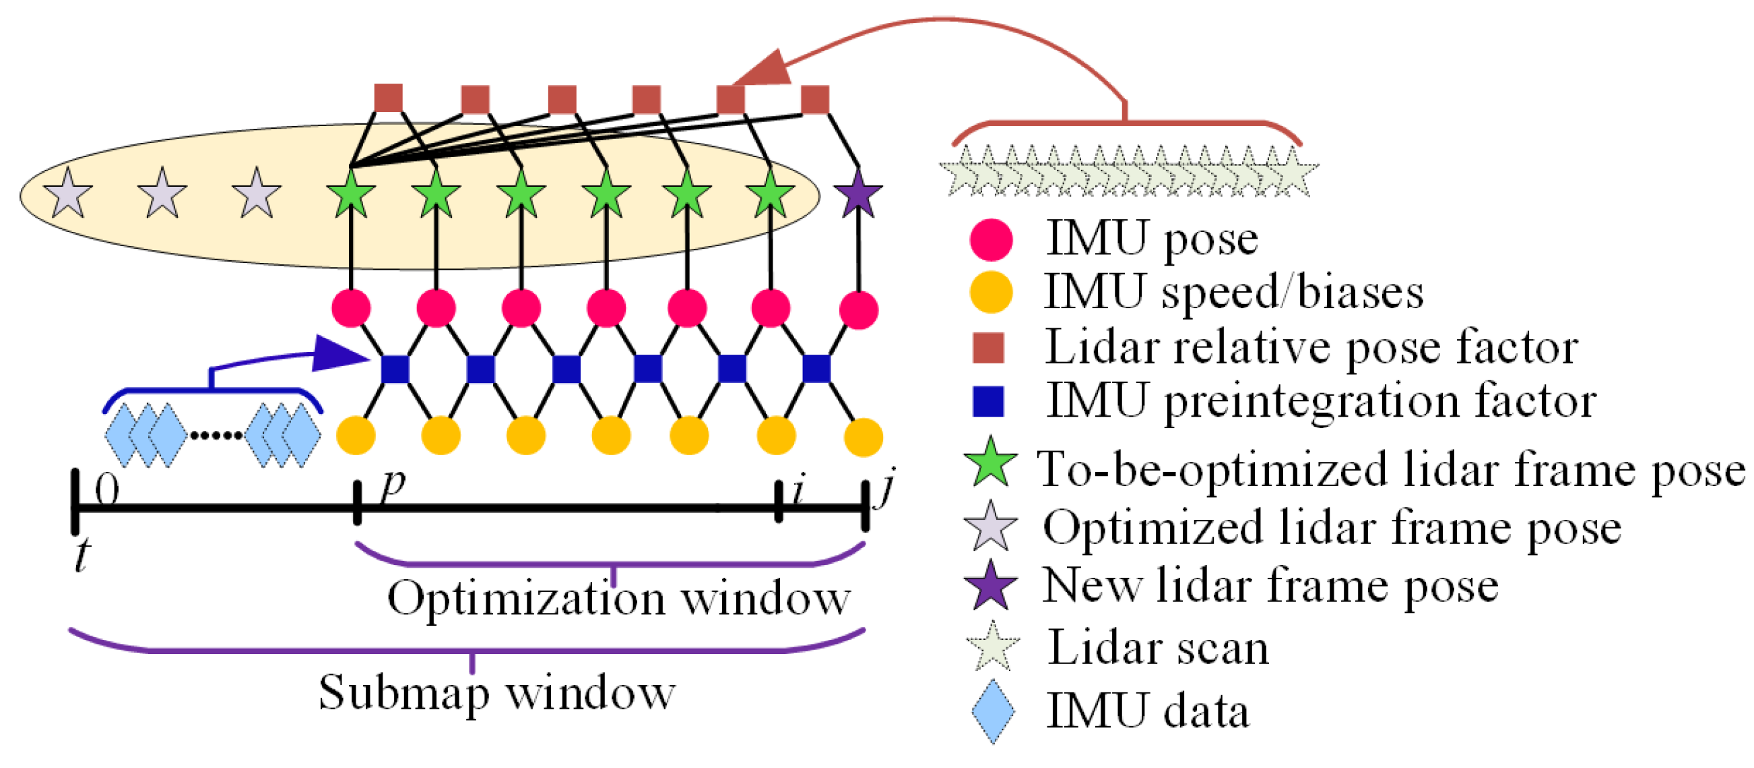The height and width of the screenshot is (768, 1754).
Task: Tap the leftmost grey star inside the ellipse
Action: pyautogui.click(x=67, y=194)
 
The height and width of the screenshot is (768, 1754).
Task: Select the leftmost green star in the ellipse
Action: pyautogui.click(x=351, y=194)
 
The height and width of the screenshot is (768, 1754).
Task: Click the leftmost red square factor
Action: pyautogui.click(x=388, y=98)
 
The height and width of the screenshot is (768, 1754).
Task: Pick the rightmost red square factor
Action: pyautogui.click(x=814, y=100)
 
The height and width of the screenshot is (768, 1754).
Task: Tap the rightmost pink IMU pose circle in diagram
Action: pyautogui.click(x=858, y=310)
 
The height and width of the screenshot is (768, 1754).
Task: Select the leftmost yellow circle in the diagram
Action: pyautogui.click(x=356, y=436)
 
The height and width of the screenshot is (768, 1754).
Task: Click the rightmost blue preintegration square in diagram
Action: pyautogui.click(x=816, y=369)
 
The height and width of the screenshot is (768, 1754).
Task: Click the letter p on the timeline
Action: pyautogui.click(x=393, y=485)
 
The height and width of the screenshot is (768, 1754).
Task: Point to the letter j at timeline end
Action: pyautogui.click(x=886, y=487)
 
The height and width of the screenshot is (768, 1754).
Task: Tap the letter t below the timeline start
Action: pyautogui.click(x=82, y=555)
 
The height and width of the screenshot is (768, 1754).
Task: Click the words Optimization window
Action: pyautogui.click(x=618, y=599)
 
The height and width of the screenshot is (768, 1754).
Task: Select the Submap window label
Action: pyautogui.click(x=496, y=692)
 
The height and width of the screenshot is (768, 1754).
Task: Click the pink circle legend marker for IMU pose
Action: pyautogui.click(x=991, y=240)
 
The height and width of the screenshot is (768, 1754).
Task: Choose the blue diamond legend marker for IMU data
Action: pyautogui.click(x=992, y=711)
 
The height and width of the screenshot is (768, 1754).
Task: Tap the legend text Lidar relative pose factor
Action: pyautogui.click(x=1311, y=347)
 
